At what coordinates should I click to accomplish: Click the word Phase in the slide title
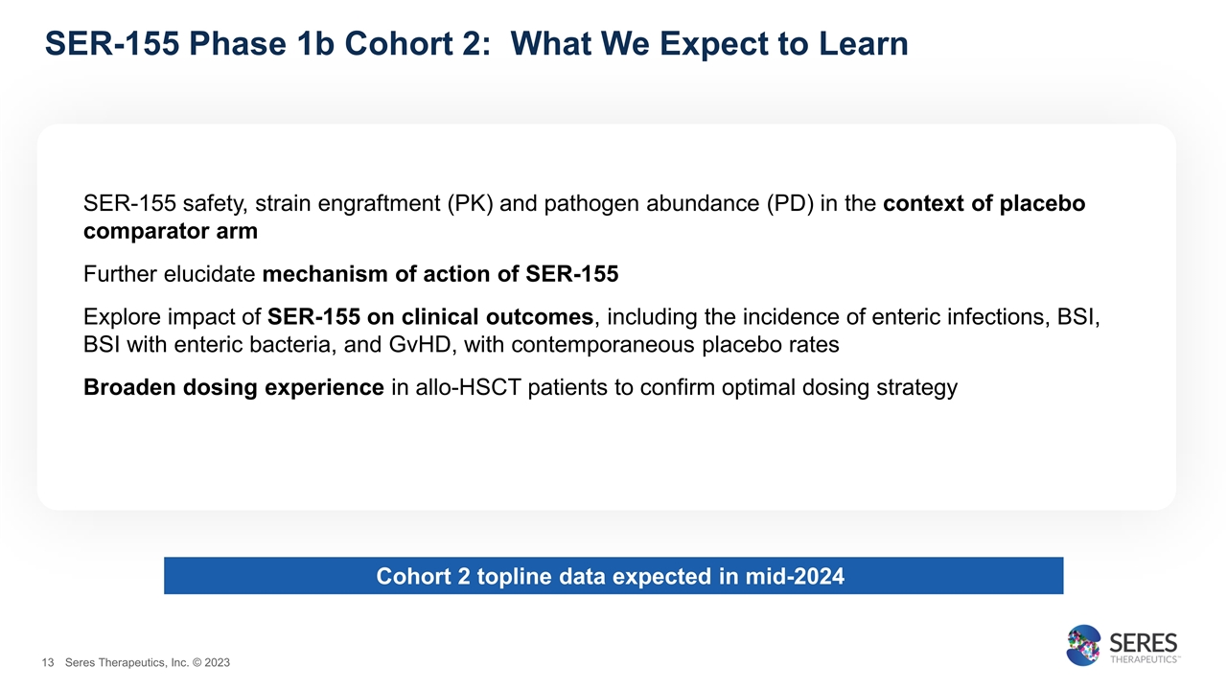233,43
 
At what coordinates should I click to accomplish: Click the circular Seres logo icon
1085,646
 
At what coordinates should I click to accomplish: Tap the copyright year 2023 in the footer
217,663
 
